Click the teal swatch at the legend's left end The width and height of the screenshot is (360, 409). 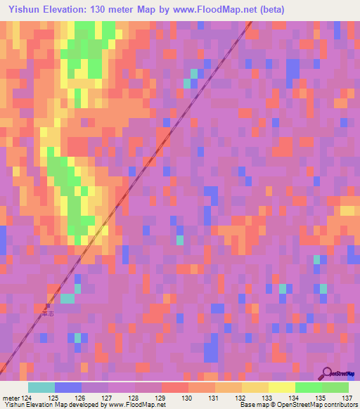point(41,387)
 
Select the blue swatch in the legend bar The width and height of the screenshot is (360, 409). point(68,387)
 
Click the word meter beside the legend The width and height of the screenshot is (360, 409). point(11,397)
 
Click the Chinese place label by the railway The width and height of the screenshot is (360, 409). point(48,314)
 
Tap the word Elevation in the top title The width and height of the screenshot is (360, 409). point(63,10)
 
